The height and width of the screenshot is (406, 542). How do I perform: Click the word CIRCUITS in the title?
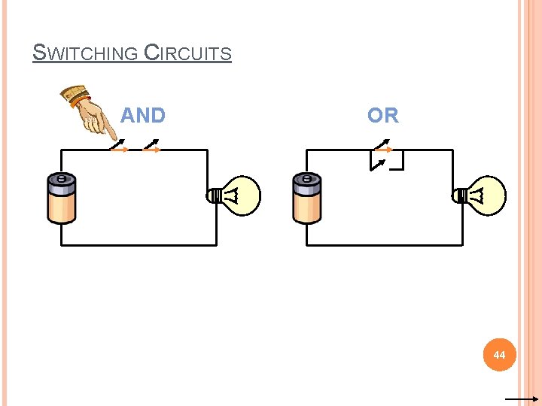tap(187, 54)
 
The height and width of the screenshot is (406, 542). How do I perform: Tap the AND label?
tap(142, 116)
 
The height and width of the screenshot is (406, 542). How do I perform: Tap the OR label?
tap(382, 116)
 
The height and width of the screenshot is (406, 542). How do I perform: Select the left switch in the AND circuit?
tap(119, 147)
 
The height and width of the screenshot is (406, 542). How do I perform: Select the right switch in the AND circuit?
tap(151, 147)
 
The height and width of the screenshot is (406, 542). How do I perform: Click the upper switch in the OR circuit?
tap(383, 146)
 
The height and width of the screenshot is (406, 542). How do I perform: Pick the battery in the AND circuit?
tap(62, 198)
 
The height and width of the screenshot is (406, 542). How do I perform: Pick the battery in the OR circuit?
tap(307, 198)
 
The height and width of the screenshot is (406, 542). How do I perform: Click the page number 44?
tap(500, 354)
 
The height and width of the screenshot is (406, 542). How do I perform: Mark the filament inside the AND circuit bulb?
tap(234, 196)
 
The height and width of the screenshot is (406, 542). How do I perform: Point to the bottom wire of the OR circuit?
tap(384, 245)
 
